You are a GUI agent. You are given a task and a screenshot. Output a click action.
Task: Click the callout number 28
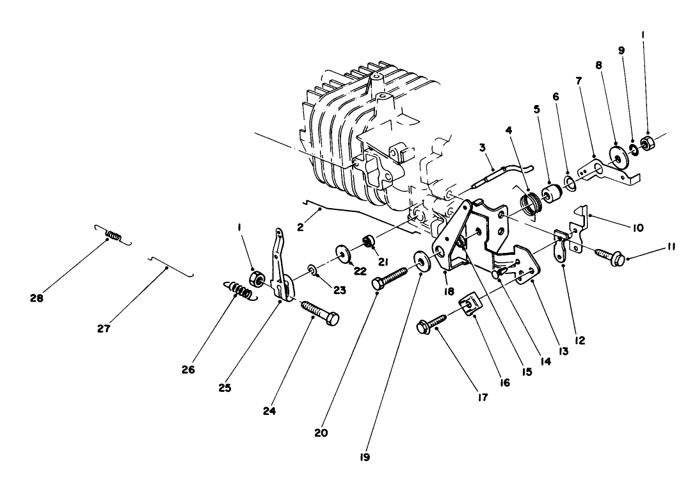[37, 298]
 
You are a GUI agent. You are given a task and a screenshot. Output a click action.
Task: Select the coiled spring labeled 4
[530, 205]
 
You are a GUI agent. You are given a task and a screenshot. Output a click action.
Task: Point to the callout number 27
[104, 328]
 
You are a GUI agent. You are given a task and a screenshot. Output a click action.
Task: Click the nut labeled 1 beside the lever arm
[253, 279]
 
